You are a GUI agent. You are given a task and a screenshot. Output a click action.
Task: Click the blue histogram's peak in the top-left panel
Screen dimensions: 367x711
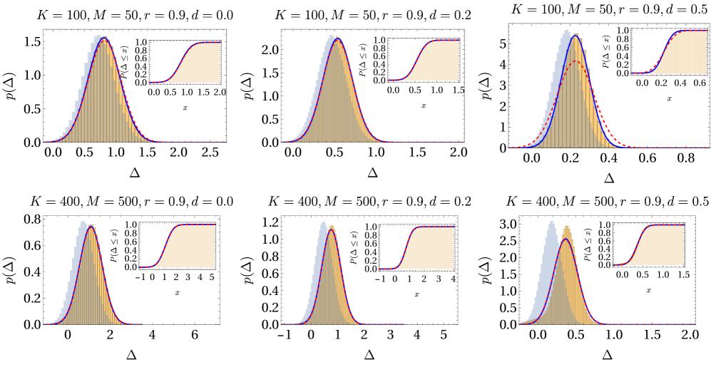[x=98, y=36]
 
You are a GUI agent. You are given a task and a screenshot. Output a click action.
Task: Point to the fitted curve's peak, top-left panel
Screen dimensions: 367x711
[x=104, y=38]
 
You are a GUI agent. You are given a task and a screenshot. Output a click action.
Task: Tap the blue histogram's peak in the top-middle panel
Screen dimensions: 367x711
[x=331, y=36]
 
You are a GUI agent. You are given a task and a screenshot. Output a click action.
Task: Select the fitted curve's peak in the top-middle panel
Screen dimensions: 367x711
[x=337, y=39]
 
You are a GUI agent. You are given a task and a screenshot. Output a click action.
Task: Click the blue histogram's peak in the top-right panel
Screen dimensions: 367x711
[x=566, y=30]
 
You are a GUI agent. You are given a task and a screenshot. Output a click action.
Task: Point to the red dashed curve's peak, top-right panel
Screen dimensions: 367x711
[x=575, y=61]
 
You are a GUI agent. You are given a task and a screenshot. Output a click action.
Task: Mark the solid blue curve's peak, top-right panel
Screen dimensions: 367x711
[x=575, y=36]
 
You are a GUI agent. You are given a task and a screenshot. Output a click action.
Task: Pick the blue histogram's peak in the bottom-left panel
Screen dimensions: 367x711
[x=83, y=222]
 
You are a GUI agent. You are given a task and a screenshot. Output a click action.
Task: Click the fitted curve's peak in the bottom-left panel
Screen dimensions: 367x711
[x=90, y=227]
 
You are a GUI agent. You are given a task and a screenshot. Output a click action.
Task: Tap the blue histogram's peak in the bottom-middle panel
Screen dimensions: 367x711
[x=323, y=222]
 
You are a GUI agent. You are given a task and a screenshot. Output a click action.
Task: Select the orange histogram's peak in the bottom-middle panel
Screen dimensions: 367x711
[x=332, y=227]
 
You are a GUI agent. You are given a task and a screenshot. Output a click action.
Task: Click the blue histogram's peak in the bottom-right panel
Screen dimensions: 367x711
[x=551, y=222]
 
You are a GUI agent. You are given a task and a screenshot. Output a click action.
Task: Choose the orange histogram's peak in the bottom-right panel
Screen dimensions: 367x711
[x=566, y=227]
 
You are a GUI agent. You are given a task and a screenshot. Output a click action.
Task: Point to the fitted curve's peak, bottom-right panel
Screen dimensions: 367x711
[x=566, y=239]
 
